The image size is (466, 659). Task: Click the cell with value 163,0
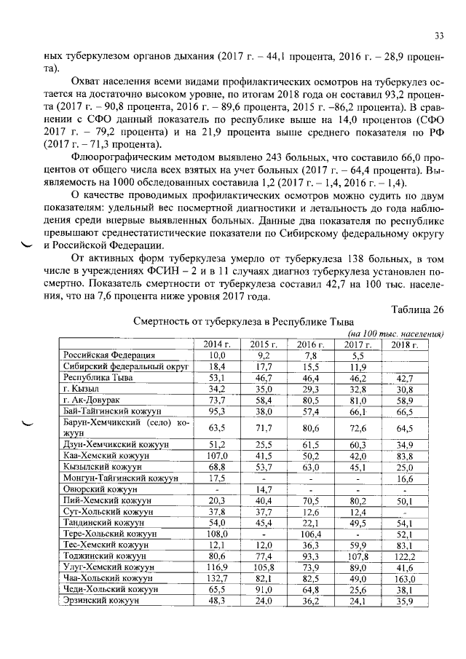pyautogui.click(x=405, y=578)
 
